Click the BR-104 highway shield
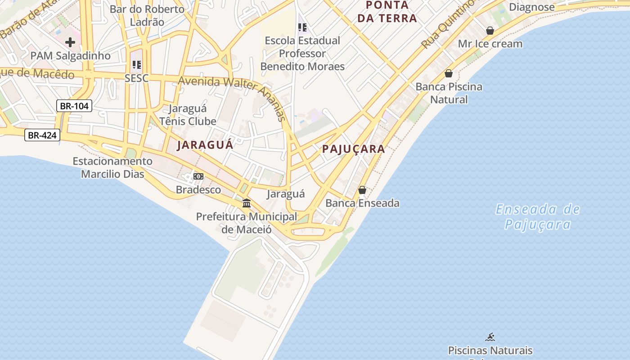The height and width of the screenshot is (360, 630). tap(74, 106)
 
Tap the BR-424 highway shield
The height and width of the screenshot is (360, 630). tap(42, 135)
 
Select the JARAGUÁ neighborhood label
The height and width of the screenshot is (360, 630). tap(205, 145)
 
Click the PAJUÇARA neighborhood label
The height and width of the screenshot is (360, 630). tap(354, 149)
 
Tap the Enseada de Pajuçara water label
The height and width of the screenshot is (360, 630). tap(538, 216)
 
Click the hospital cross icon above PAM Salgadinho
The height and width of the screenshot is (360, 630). tap(70, 42)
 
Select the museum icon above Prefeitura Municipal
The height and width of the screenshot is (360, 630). tap(247, 203)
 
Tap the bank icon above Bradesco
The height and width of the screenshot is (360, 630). tap(198, 176)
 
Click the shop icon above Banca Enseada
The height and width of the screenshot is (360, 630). tap(362, 190)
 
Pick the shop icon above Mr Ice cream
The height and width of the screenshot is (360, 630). tap(490, 31)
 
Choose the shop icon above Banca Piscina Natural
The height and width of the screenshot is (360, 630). tap(449, 73)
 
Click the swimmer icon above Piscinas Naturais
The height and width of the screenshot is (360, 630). tap(490, 337)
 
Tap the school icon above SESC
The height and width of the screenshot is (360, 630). tap(136, 65)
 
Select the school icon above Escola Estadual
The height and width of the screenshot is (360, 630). tap(302, 27)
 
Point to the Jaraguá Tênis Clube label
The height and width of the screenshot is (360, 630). tap(188, 115)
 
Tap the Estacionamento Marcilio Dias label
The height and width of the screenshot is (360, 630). tap(112, 167)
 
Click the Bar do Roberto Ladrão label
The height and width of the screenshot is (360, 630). tap(147, 15)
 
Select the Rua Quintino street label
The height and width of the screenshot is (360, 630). tap(448, 24)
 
